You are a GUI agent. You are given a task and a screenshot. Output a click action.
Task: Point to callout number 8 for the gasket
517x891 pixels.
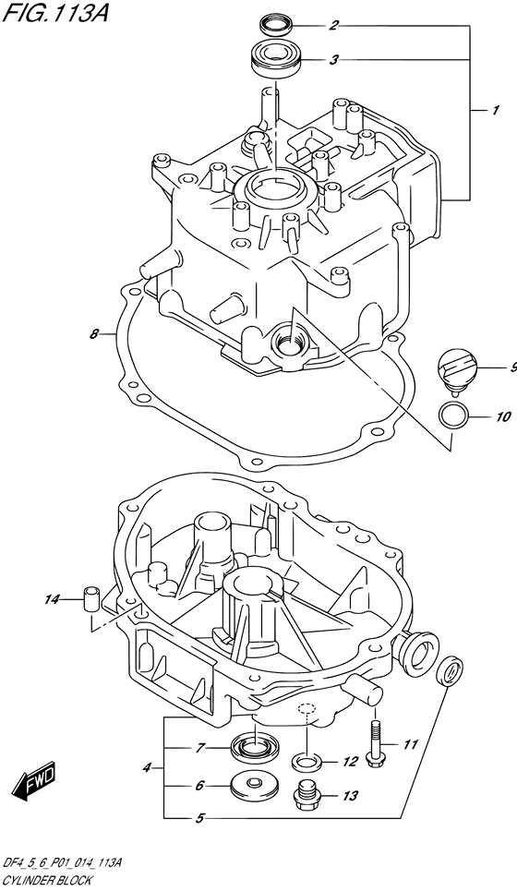(94, 334)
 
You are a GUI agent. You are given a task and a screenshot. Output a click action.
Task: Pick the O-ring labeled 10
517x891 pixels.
(452, 417)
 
